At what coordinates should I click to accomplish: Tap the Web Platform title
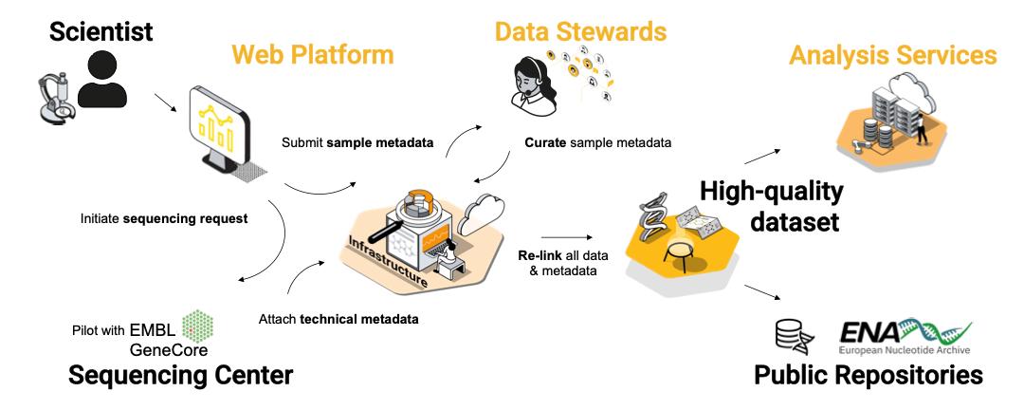tap(313, 54)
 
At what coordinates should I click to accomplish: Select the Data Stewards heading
tap(580, 30)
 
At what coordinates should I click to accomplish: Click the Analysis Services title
tap(892, 54)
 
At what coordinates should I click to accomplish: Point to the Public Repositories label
tap(868, 375)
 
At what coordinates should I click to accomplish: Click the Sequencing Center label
tap(180, 375)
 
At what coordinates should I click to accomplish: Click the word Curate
tap(545, 143)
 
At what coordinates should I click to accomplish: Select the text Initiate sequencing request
tap(164, 218)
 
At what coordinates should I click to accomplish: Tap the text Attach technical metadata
tap(338, 319)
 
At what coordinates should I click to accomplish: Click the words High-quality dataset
tap(771, 207)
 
